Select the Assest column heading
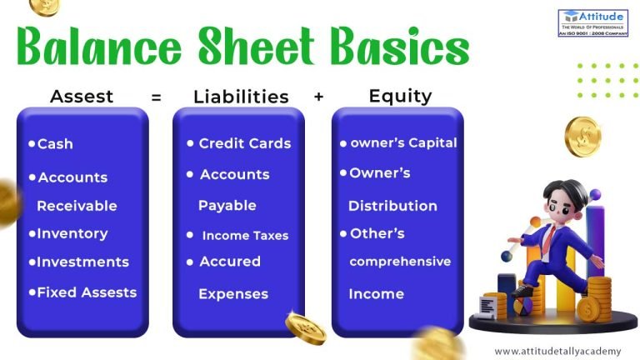pos(82,96)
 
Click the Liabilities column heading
pos(241,97)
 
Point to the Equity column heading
pos(400,96)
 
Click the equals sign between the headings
pos(156,97)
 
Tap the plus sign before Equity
pos(318,97)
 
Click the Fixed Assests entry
pos(87,292)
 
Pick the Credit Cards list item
pos(244,143)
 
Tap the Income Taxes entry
pos(244,236)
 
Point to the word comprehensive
pos(400,262)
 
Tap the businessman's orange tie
pos(550,239)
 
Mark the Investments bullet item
pos(82,262)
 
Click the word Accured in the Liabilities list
pos(230,262)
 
